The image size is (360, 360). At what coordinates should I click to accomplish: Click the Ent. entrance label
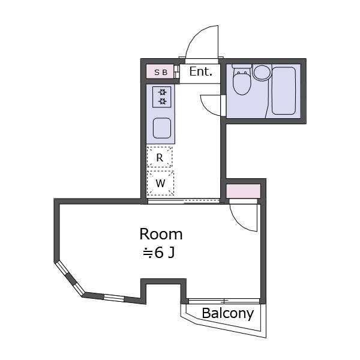pyautogui.click(x=200, y=71)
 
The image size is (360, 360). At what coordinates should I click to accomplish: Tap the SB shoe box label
pyautogui.click(x=161, y=73)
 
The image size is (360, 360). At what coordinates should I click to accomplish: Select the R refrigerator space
pyautogui.click(x=160, y=157)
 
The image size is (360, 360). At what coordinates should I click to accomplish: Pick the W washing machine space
pyautogui.click(x=160, y=183)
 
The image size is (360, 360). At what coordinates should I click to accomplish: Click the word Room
pyautogui.click(x=161, y=234)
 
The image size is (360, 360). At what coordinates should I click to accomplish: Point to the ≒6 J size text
pyautogui.click(x=159, y=253)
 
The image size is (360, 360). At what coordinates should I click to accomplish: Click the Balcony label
pyautogui.click(x=228, y=313)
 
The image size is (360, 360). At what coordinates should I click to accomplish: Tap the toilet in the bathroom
pyautogui.click(x=241, y=79)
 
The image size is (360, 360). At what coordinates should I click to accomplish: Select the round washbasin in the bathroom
pyautogui.click(x=262, y=73)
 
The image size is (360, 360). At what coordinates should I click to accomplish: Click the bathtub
pyautogui.click(x=284, y=91)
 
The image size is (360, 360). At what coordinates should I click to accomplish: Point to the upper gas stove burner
pyautogui.click(x=163, y=92)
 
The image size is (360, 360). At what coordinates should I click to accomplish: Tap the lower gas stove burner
pyautogui.click(x=163, y=101)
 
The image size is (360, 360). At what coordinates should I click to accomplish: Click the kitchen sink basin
pyautogui.click(x=162, y=128)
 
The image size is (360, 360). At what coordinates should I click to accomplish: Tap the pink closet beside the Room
pyautogui.click(x=244, y=191)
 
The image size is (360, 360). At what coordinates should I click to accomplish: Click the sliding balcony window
pyautogui.click(x=224, y=301)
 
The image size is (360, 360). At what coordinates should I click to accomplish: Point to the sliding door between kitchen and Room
pyautogui.click(x=184, y=202)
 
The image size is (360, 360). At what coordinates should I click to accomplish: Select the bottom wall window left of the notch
pyautogui.click(x=114, y=298)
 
